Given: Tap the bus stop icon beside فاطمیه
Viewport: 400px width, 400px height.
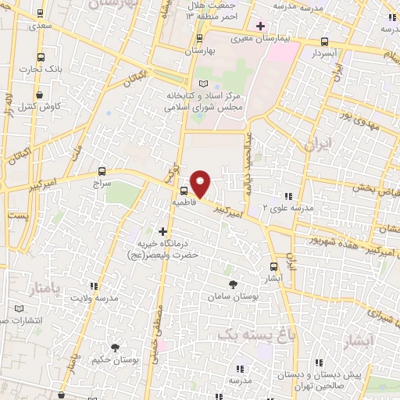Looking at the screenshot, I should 184,191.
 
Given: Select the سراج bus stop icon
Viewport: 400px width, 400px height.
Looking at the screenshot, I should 102,171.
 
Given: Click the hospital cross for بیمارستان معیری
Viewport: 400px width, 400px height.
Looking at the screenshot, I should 260,26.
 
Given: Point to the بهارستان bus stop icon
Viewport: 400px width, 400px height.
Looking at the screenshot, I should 200,37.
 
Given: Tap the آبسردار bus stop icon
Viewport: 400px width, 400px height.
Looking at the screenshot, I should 324,41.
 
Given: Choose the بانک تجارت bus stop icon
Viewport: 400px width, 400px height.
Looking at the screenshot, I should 41,56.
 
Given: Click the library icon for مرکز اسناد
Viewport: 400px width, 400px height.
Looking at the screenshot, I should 204,84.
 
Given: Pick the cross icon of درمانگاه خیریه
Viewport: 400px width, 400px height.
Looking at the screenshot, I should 162,231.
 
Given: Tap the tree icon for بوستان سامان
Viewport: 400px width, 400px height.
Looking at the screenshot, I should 232,285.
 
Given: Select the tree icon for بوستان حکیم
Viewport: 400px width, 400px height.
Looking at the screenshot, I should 115,348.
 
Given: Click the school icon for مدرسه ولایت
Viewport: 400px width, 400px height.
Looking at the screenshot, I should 95,287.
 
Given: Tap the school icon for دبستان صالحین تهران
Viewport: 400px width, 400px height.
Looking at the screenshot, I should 320,362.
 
